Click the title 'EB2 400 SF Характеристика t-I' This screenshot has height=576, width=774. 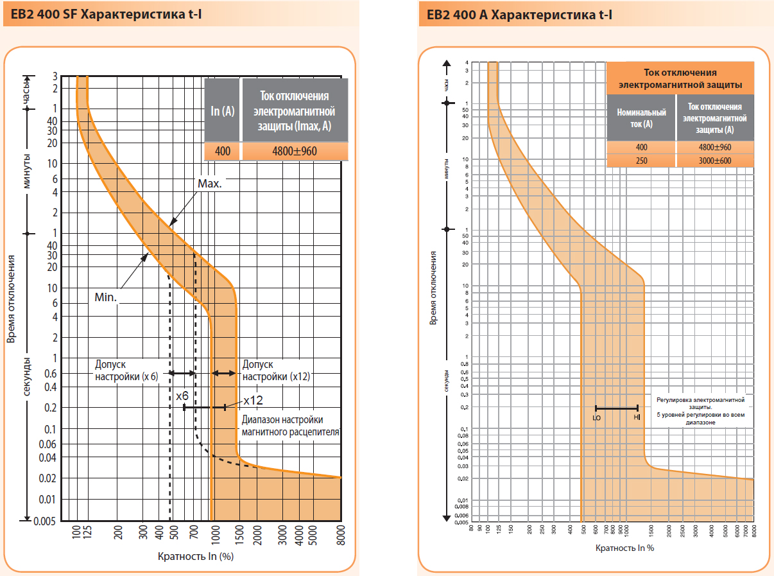(x=103, y=14)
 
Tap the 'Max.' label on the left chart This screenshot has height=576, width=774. (x=209, y=183)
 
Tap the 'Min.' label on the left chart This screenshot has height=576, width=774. (x=105, y=298)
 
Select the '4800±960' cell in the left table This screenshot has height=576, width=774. (x=295, y=151)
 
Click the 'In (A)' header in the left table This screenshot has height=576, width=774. (x=222, y=110)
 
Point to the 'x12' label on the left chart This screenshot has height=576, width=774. (x=254, y=400)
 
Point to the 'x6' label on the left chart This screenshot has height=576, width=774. (x=182, y=396)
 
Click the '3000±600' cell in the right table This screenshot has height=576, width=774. (x=715, y=161)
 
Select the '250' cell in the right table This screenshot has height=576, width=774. (x=641, y=161)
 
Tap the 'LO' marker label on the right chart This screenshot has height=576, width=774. (x=597, y=417)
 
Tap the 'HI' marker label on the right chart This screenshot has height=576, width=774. (x=637, y=417)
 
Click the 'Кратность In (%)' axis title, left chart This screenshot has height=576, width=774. (x=195, y=556)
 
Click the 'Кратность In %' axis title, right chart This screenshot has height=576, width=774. (x=624, y=548)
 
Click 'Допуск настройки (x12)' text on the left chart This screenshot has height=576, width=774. (x=276, y=371)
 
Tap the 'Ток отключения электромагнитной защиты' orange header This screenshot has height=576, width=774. (x=680, y=78)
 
